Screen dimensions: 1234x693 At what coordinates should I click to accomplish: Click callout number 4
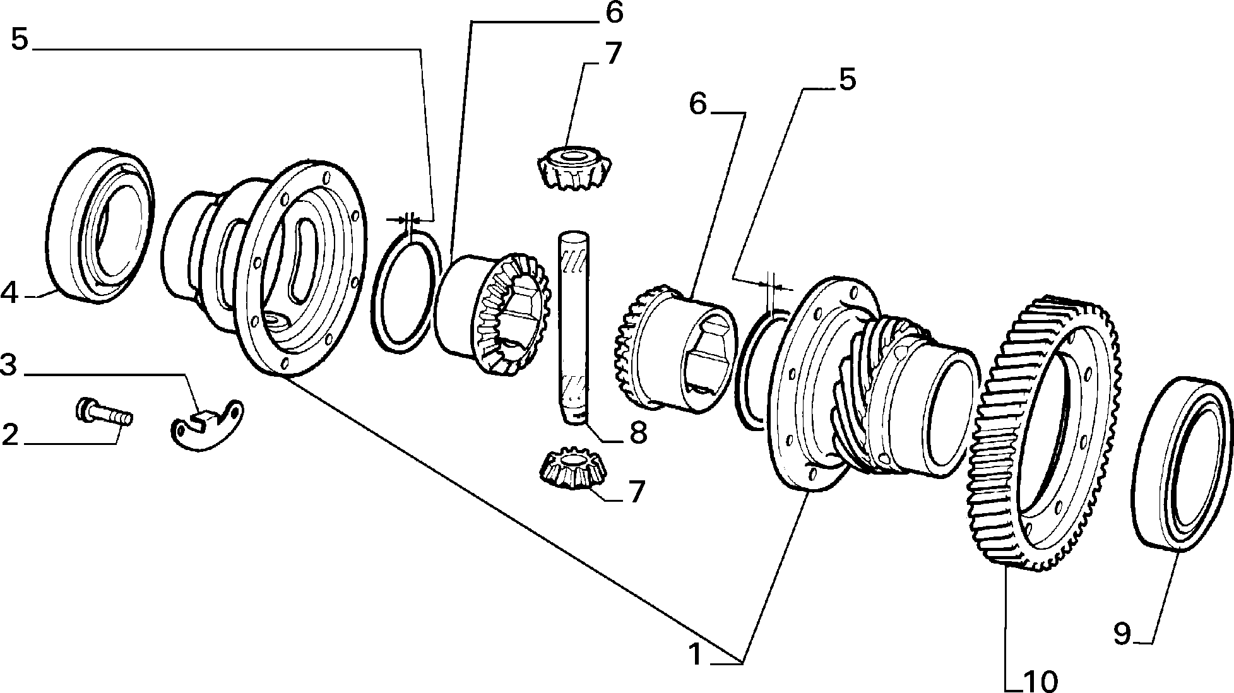pyautogui.click(x=11, y=293)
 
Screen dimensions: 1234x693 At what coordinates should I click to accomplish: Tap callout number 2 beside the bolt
pyautogui.click(x=11, y=435)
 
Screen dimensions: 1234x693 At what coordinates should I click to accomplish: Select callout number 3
pyautogui.click(x=9, y=365)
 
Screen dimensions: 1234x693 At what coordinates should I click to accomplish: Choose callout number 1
pyautogui.click(x=695, y=654)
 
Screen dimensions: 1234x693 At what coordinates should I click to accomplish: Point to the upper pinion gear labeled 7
pyautogui.click(x=573, y=168)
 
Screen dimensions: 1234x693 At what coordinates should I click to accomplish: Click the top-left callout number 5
pyautogui.click(x=20, y=40)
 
